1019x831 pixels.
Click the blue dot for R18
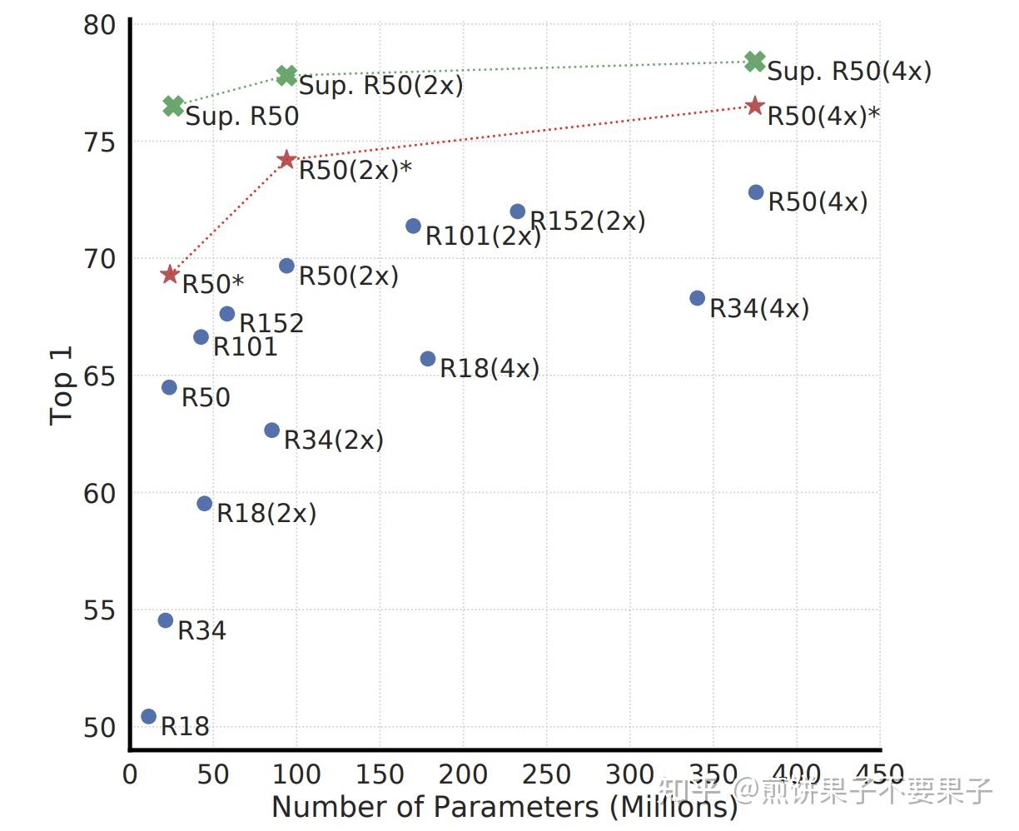149,717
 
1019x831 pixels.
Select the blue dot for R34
166,620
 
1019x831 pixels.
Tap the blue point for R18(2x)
205,504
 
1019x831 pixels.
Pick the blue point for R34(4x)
698,298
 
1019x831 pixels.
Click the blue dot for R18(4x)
428,359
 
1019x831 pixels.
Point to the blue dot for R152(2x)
518,211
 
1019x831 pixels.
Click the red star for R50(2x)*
287,159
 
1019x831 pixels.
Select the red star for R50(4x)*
755,106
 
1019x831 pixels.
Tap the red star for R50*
171,274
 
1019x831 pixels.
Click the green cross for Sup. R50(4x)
755,61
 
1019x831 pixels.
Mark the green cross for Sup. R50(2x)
286,76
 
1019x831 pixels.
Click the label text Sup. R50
241,117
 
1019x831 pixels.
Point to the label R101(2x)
483,236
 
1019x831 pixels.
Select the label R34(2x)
334,440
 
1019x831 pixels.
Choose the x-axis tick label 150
380,774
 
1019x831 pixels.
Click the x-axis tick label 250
546,774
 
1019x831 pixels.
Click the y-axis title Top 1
62,386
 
